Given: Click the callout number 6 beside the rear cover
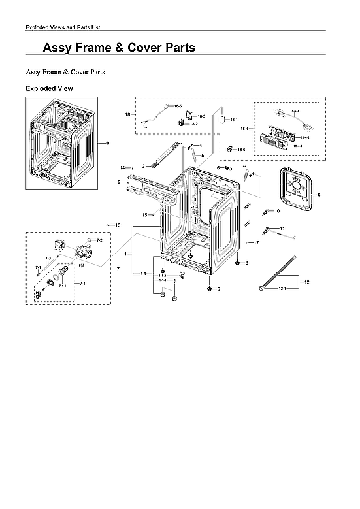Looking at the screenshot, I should click(318, 195).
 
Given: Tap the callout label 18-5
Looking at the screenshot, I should click(177, 106).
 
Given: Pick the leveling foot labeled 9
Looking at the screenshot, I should click(208, 288).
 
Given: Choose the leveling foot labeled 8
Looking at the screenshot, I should click(238, 263).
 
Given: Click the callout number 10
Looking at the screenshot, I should click(277, 211).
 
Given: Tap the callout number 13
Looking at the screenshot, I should click(118, 225).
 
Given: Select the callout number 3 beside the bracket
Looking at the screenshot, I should click(143, 166).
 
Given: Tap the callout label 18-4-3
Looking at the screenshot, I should click(294, 111).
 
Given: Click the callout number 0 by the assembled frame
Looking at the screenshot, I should click(108, 143).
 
